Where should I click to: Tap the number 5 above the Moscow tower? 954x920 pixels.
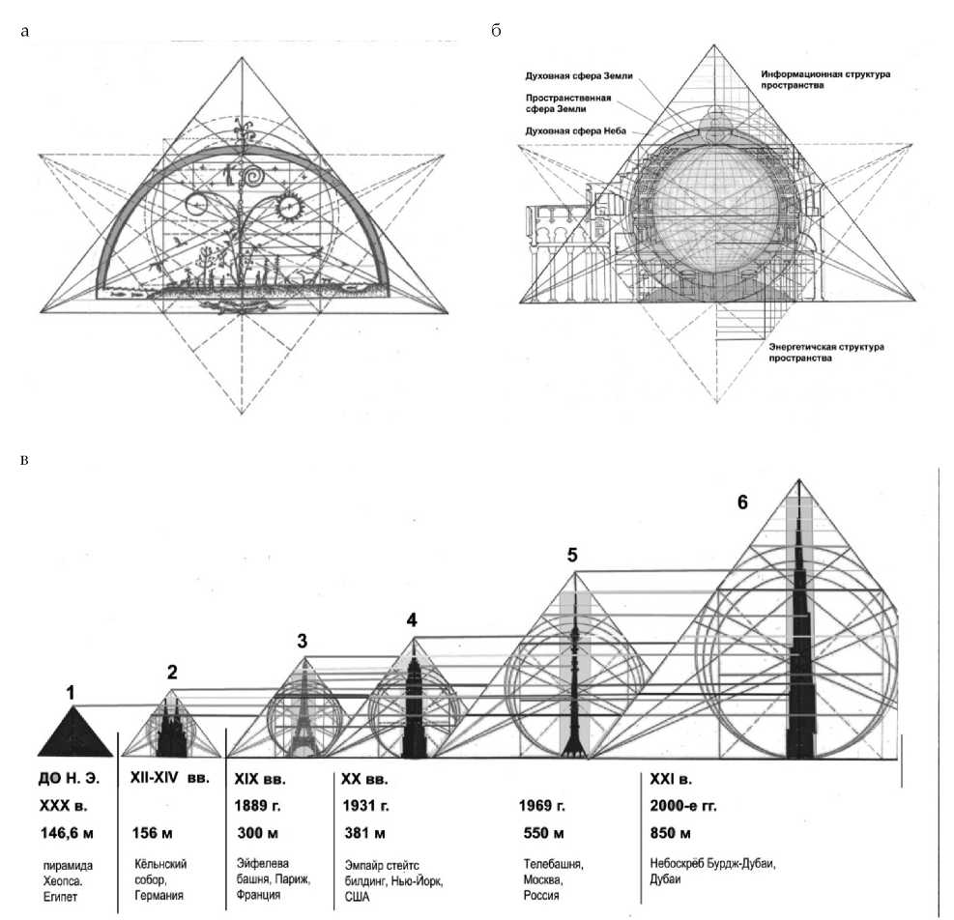point(573,555)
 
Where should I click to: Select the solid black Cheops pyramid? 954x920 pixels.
point(72,732)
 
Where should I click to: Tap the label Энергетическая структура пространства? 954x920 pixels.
point(825,351)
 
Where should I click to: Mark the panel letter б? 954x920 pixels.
point(496,32)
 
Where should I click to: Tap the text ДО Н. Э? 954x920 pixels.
point(71,778)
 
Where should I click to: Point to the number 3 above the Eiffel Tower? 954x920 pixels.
point(303,640)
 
